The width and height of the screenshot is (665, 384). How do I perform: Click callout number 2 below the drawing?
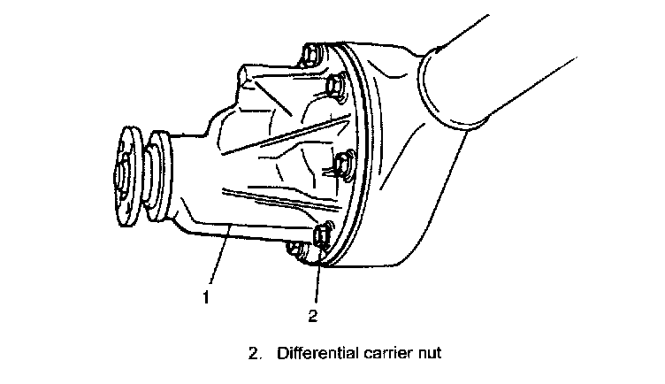point(311,312)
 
